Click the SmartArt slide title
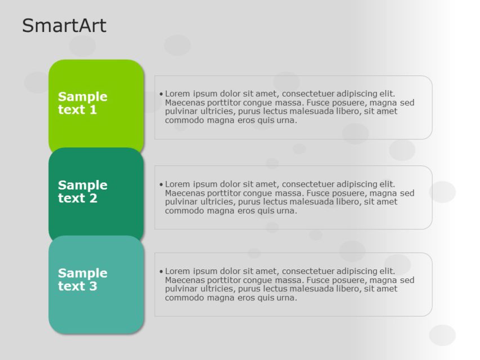(64, 25)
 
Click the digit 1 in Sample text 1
(93, 110)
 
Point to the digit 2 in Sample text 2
(93, 198)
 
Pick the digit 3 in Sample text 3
(93, 286)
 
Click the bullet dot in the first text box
(161, 94)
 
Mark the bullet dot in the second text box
(161, 184)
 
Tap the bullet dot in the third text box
(161, 272)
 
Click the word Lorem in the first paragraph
(178, 93)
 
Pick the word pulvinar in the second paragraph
(182, 201)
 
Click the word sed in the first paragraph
(407, 102)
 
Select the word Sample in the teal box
(82, 273)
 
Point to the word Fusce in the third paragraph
(321, 280)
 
